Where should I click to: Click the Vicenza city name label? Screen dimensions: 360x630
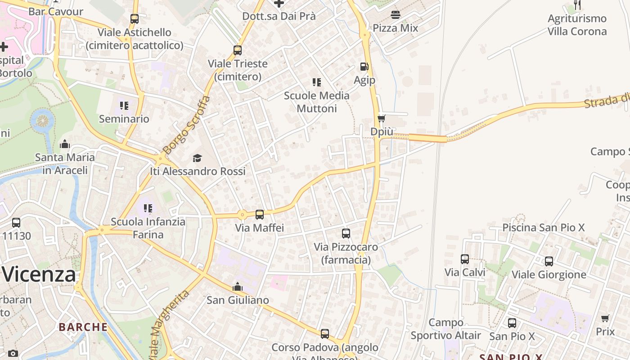(x=40, y=274)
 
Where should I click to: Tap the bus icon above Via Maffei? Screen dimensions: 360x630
(x=260, y=215)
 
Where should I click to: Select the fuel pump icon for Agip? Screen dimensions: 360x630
(x=364, y=67)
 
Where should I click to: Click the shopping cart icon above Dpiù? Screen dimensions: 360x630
(x=382, y=118)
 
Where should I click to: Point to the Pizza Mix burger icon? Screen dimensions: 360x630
(x=396, y=14)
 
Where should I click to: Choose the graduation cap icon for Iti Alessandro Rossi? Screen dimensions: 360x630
(x=197, y=158)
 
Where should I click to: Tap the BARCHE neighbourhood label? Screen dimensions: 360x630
(x=83, y=327)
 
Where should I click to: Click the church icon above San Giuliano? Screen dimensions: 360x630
(x=238, y=287)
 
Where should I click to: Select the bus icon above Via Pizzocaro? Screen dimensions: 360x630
(x=346, y=234)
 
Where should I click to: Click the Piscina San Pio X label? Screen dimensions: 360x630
(x=543, y=228)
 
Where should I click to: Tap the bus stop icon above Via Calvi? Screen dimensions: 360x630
(x=465, y=259)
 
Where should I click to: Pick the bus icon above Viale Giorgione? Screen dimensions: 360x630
(x=549, y=261)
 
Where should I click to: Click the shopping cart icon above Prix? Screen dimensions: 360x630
(x=605, y=319)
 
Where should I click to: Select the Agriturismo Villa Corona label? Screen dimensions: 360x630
(x=577, y=25)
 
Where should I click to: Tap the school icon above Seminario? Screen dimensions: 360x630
(x=124, y=106)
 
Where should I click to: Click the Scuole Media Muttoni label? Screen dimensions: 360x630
(x=317, y=102)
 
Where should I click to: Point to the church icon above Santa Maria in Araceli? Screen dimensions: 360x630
(x=65, y=144)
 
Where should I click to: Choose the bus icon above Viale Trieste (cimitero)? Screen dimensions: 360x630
(x=238, y=50)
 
